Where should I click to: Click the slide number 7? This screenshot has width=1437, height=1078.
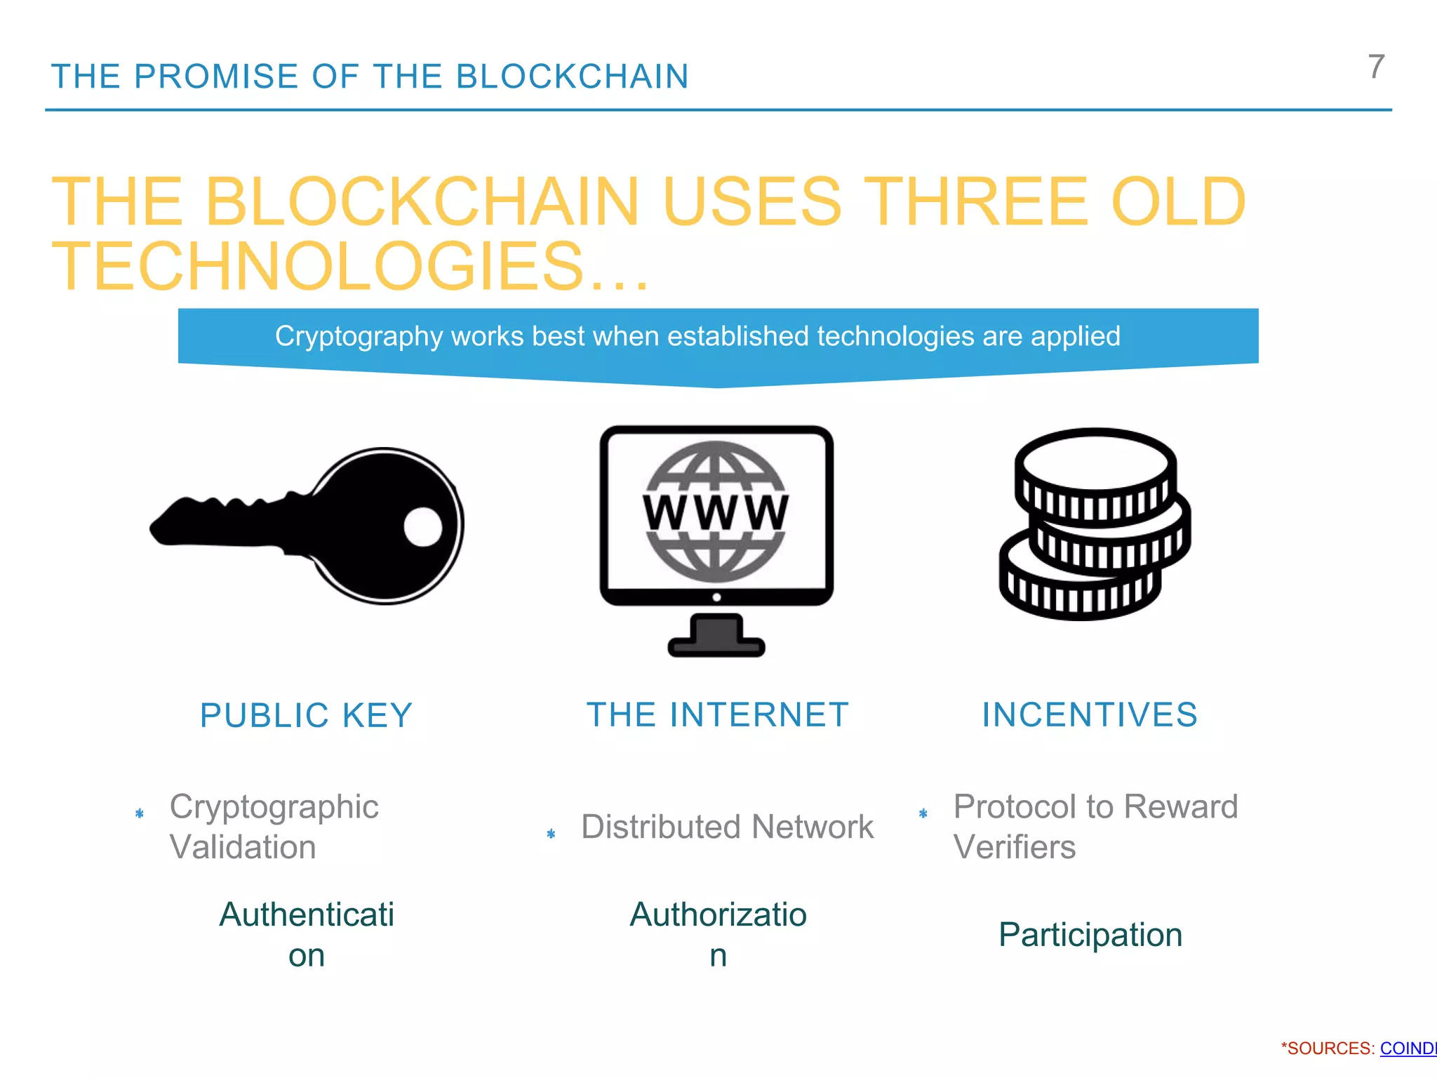[x=1376, y=67]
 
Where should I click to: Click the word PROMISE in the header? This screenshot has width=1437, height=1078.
[x=216, y=76]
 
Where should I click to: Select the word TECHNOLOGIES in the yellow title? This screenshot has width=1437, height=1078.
[x=317, y=267]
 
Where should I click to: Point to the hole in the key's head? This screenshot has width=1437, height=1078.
[x=423, y=526]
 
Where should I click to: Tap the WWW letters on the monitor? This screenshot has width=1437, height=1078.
[x=716, y=512]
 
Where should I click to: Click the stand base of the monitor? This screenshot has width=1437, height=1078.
[x=716, y=645]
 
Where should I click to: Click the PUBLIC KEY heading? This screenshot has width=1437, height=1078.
[x=306, y=716]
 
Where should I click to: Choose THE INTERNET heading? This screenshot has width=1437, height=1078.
[x=718, y=715]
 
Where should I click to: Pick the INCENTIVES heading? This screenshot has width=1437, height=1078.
[x=1090, y=715]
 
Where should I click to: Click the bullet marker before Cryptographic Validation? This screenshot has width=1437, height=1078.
[x=140, y=813]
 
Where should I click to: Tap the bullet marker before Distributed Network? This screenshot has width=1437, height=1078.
[x=551, y=834]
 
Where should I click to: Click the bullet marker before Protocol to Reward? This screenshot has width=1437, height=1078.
[x=923, y=813]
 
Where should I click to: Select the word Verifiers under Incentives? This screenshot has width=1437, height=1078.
[x=1014, y=847]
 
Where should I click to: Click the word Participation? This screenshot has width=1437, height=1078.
[x=1090, y=935]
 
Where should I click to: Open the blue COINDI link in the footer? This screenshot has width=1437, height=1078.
[x=1408, y=1049]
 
